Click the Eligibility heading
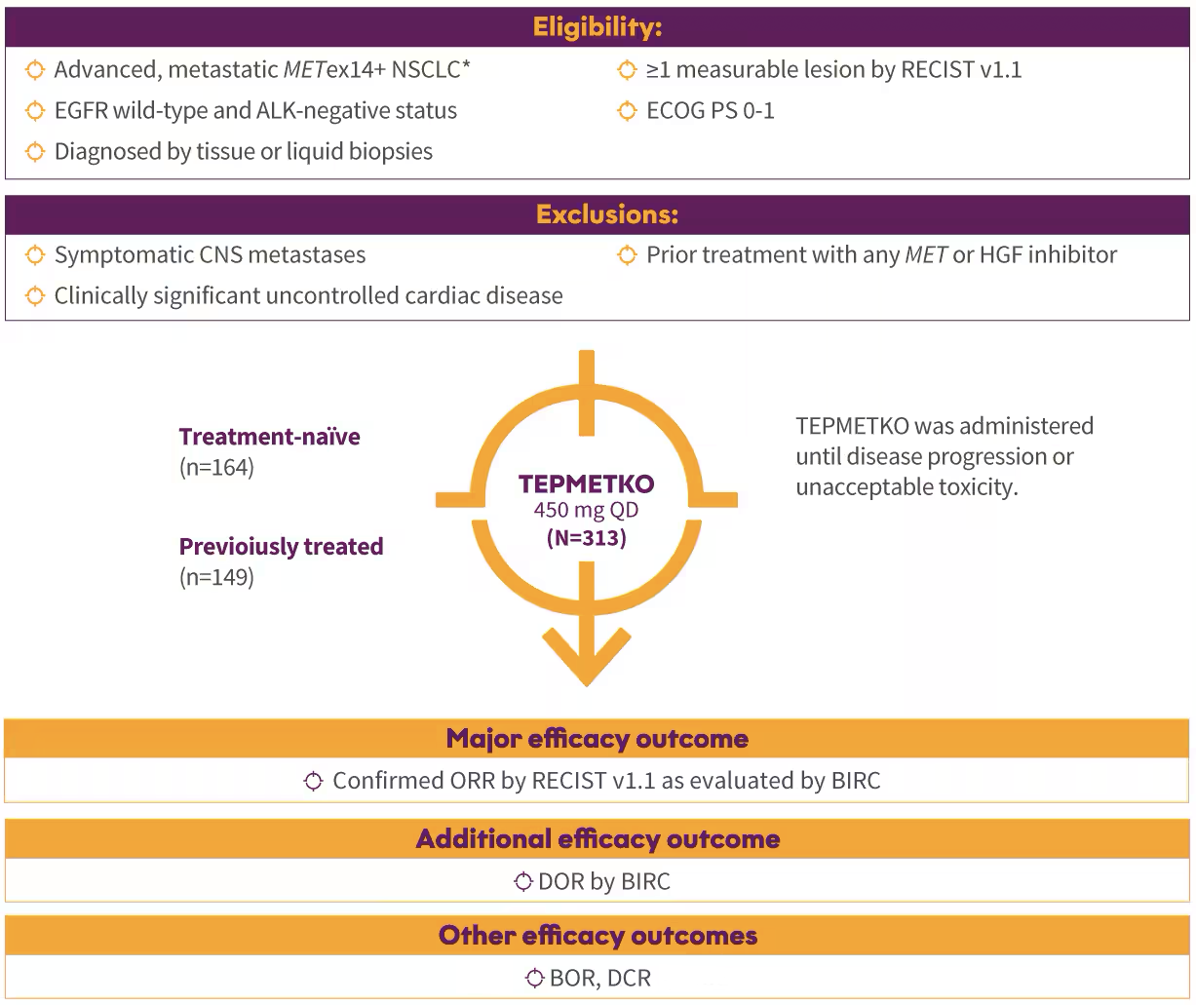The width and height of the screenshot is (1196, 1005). [x=598, y=27]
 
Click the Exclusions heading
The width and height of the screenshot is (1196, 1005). [x=607, y=214]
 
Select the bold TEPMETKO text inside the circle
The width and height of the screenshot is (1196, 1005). [x=586, y=484]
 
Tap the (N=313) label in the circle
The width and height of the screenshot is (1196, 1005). [x=587, y=537]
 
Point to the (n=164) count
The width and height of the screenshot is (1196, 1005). [x=216, y=467]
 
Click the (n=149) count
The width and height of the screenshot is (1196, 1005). [x=216, y=576]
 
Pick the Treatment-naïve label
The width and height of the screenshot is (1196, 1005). [x=270, y=437]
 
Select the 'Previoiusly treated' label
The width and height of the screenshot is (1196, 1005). [x=282, y=547]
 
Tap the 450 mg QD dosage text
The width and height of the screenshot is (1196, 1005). [x=586, y=510]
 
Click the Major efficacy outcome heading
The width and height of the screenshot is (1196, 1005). [x=598, y=739]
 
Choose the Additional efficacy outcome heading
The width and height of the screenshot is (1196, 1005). [x=598, y=839]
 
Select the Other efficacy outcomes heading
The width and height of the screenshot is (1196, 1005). [x=598, y=936]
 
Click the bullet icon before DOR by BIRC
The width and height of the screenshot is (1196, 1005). [x=523, y=881]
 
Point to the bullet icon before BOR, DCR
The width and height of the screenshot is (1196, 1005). [x=534, y=978]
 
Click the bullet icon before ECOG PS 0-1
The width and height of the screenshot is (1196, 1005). [x=627, y=110]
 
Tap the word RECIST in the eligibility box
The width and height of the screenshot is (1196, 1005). [x=937, y=69]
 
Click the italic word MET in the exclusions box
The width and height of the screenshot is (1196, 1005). [x=926, y=255]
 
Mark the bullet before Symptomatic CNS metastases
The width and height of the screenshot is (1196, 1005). [x=35, y=255]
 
